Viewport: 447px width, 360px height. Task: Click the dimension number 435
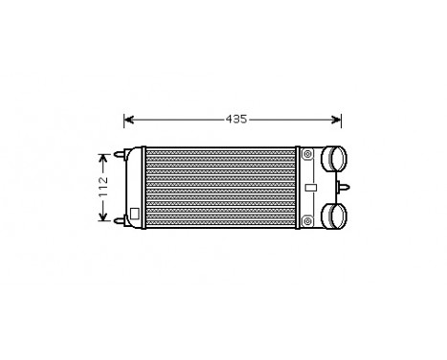click(235, 120)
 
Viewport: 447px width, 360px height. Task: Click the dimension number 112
click(103, 185)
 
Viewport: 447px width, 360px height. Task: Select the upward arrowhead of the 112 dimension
click(103, 155)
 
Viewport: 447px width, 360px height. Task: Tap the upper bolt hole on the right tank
click(306, 153)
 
